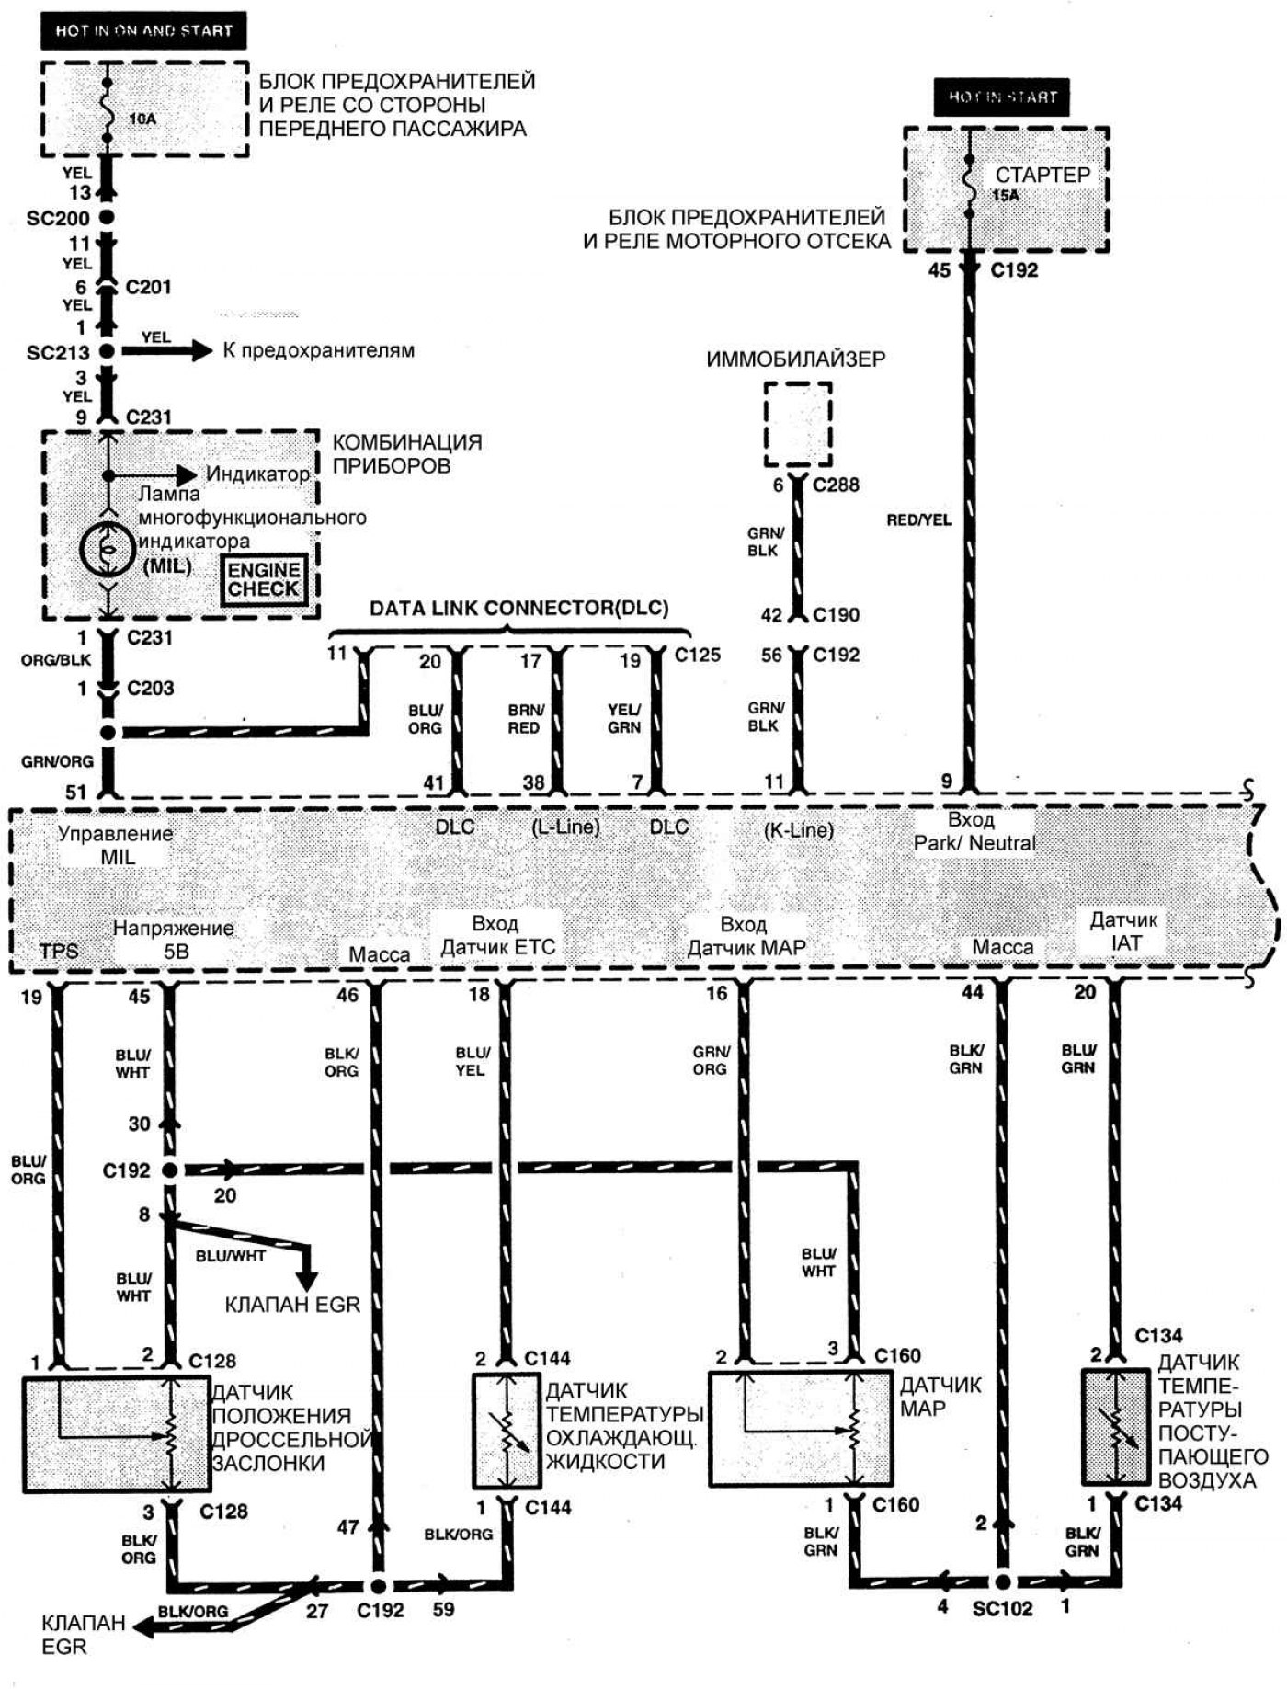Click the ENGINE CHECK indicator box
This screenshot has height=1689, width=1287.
pyautogui.click(x=264, y=580)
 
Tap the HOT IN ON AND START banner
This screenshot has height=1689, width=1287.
pyautogui.click(x=143, y=30)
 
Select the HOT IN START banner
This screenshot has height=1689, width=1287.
pyautogui.click(x=1002, y=97)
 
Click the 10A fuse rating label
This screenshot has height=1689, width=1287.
pyautogui.click(x=142, y=119)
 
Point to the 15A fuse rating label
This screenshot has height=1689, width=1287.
pyautogui.click(x=1006, y=195)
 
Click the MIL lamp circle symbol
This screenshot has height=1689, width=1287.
pyautogui.click(x=108, y=549)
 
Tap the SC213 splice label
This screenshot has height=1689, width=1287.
pyautogui.click(x=58, y=352)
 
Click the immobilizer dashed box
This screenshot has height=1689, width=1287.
pyautogui.click(x=798, y=424)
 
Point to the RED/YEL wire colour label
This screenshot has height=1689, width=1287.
pyautogui.click(x=918, y=519)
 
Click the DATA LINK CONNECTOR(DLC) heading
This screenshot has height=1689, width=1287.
pyautogui.click(x=518, y=608)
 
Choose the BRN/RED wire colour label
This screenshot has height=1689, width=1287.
pyautogui.click(x=526, y=718)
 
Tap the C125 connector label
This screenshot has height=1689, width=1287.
pyautogui.click(x=698, y=655)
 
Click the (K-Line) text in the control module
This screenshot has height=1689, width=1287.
pyautogui.click(x=798, y=829)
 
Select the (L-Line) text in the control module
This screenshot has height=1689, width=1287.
pyautogui.click(x=565, y=827)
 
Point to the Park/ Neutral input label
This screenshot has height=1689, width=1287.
pyautogui.click(x=974, y=831)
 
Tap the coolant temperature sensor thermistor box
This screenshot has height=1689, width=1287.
pyautogui.click(x=507, y=1430)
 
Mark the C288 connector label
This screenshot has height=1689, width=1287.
pyautogui.click(x=836, y=485)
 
